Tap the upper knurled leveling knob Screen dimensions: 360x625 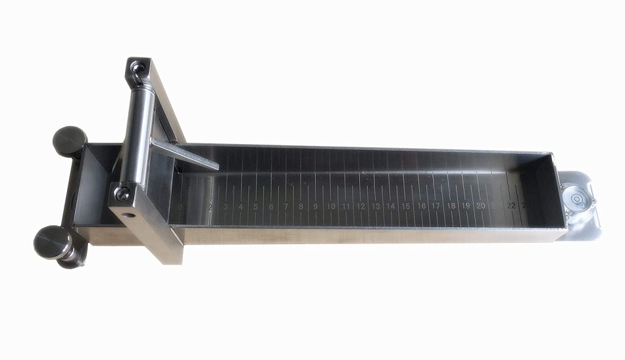pyautogui.click(x=70, y=140)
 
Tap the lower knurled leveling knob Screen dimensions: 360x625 pyautogui.click(x=53, y=242)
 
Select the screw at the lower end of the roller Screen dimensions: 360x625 pyautogui.click(x=122, y=192)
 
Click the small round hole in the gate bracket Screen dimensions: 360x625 pyautogui.click(x=131, y=215)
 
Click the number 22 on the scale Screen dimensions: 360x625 pyautogui.click(x=511, y=205)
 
